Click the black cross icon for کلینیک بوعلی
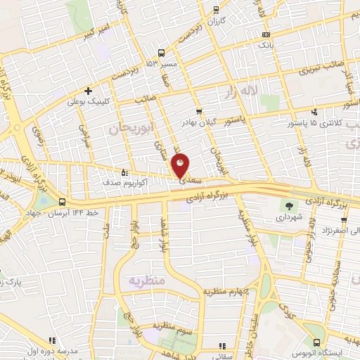pyautogui.click(x=88, y=91)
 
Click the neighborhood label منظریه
pyautogui.click(x=146, y=281)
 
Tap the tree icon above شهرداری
pyautogui.click(x=289, y=205)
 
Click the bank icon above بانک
pyautogui.click(x=265, y=34)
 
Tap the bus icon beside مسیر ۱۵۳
pyautogui.click(x=162, y=53)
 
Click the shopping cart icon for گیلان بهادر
pyautogui.click(x=199, y=110)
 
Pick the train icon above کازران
pyautogui.click(x=214, y=11)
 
